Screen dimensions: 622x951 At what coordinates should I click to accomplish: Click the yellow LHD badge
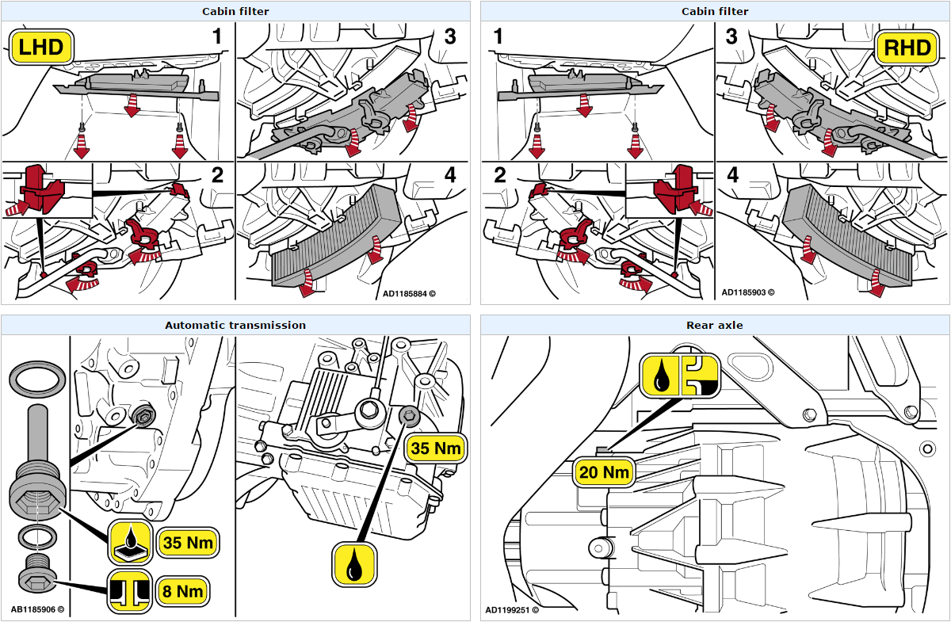point(40,48)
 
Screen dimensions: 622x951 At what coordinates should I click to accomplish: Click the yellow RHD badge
point(907,48)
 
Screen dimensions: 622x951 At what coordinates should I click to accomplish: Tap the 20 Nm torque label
point(605,472)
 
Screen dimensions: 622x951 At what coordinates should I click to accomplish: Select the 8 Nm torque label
point(183,590)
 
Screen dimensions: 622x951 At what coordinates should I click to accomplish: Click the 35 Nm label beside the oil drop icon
point(435,448)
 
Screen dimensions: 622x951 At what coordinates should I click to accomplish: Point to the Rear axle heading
point(714,325)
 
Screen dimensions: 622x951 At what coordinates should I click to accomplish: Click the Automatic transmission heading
point(235,325)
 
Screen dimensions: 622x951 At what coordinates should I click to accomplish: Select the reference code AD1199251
point(512,610)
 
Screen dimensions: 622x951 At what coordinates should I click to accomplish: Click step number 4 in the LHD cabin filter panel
point(449,176)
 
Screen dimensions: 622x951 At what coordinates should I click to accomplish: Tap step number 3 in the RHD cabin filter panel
point(731,36)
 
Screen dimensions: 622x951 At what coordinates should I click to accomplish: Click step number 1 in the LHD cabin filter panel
point(216,36)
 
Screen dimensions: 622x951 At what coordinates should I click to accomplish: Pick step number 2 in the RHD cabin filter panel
point(499,176)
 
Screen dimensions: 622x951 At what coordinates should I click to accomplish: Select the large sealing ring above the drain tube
point(36,379)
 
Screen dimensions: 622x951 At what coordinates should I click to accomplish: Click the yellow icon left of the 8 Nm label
point(130,590)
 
